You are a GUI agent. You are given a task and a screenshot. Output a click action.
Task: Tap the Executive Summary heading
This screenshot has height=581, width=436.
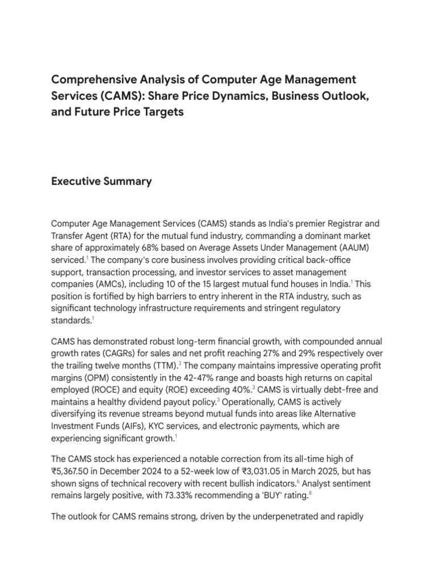(x=102, y=182)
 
